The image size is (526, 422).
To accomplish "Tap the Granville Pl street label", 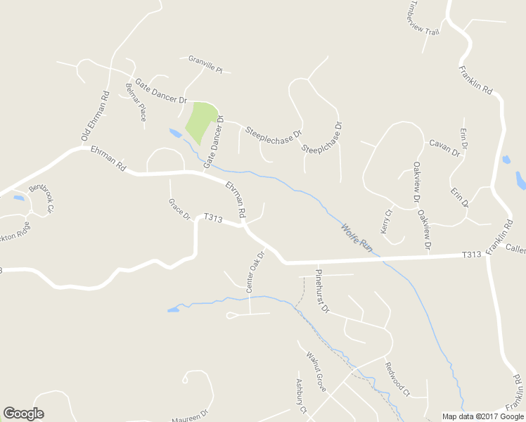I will pyautogui.click(x=205, y=65).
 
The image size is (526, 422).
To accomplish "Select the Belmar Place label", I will pyautogui.click(x=136, y=101).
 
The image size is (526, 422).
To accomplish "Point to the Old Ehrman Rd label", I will pyautogui.click(x=95, y=115).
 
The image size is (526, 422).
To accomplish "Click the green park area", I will pyautogui.click(x=200, y=120).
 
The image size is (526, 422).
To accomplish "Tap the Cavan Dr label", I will pyautogui.click(x=444, y=147).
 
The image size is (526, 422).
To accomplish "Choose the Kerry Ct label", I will pyautogui.click(x=386, y=222).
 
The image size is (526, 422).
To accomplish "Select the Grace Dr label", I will pyautogui.click(x=179, y=209).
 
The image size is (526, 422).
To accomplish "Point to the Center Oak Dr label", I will pyautogui.click(x=255, y=271).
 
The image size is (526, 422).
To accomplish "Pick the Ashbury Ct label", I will pyautogui.click(x=302, y=396).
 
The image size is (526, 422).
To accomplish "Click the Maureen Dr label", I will pyautogui.click(x=190, y=414).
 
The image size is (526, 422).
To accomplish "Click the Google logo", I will pyautogui.click(x=23, y=414).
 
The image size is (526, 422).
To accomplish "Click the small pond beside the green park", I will pyautogui.click(x=174, y=132).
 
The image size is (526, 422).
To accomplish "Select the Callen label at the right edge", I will pyautogui.click(x=515, y=250).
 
